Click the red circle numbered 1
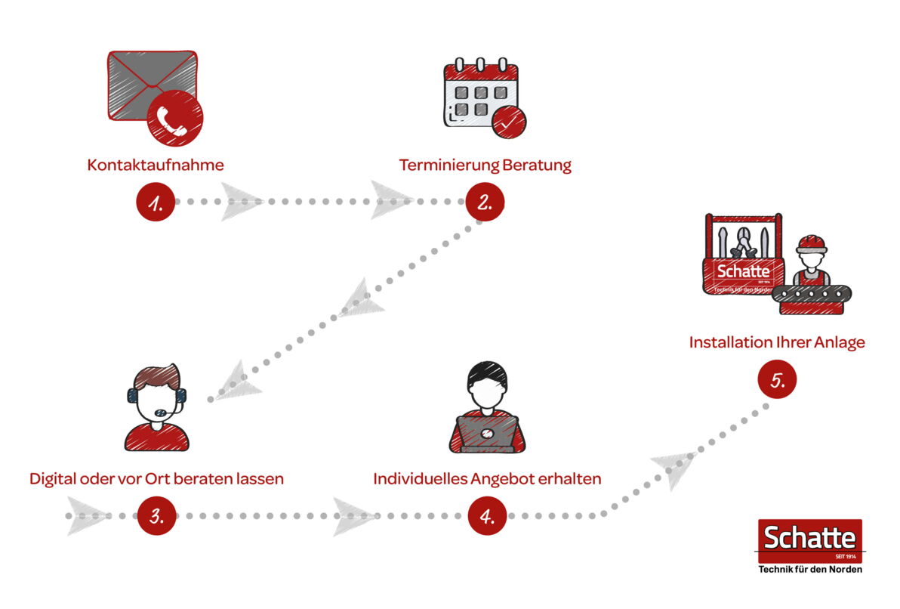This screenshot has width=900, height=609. tap(156, 202)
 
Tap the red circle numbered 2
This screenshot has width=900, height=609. tap(485, 202)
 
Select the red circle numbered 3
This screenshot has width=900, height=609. tap(156, 516)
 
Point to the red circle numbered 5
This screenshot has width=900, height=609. tap(777, 379)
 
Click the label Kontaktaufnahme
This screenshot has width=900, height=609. tap(156, 165)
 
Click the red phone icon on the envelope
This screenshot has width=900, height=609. tap(175, 118)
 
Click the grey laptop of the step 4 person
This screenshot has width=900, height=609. tap(486, 434)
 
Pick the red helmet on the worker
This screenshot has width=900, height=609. tap(811, 243)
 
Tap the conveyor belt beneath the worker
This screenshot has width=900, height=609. tap(812, 295)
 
